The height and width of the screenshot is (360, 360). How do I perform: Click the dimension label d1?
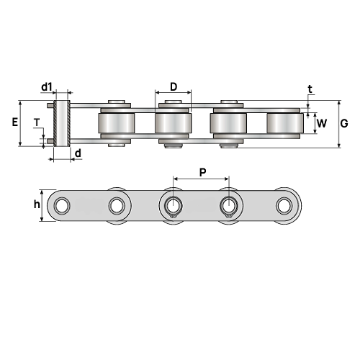tap(47, 87)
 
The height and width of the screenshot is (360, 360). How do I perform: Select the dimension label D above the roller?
tap(174, 87)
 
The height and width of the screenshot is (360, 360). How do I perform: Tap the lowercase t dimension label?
tap(310, 89)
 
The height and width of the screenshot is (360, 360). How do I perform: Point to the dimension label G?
tap(344, 123)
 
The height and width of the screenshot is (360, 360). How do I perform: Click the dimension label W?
tap(322, 123)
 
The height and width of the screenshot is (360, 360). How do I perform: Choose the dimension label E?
tap(15, 122)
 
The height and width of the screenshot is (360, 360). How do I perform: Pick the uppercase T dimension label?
tap(37, 122)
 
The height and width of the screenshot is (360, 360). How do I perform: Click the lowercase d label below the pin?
tap(78, 153)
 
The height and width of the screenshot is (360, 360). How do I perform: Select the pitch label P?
tap(203, 172)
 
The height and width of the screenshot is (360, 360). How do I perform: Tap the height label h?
tap(37, 204)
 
